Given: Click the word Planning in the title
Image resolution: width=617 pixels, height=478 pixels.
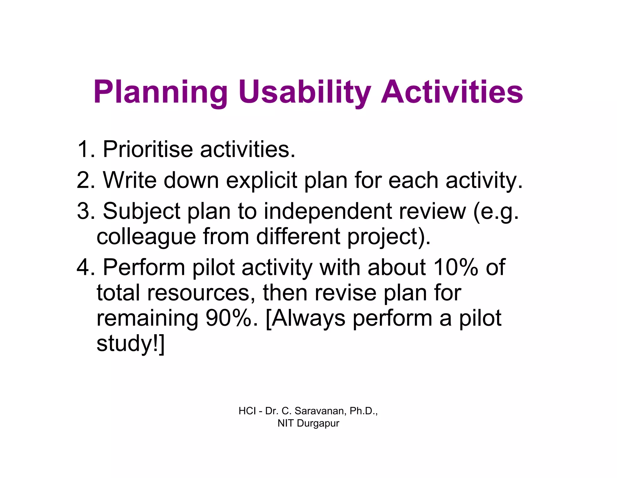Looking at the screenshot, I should pyautogui.click(x=161, y=92).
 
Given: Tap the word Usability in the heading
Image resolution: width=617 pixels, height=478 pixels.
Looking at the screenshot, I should pyautogui.click(x=305, y=92).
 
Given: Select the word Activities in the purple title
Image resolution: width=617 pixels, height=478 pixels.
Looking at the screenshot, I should pyautogui.click(x=452, y=92).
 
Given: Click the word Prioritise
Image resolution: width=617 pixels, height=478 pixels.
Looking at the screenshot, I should pyautogui.click(x=148, y=149).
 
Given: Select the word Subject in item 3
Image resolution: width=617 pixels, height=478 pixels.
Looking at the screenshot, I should pyautogui.click(x=141, y=212).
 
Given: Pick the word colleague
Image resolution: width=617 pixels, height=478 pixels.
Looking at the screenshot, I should pyautogui.click(x=146, y=237).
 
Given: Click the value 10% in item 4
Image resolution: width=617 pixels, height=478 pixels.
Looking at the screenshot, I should pyautogui.click(x=455, y=267).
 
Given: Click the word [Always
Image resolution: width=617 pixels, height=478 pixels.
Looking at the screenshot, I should pyautogui.click(x=305, y=319).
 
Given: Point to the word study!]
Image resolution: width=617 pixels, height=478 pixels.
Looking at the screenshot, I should pyautogui.click(x=130, y=344).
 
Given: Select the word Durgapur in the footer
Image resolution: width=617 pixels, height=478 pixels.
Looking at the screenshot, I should pyautogui.click(x=318, y=423).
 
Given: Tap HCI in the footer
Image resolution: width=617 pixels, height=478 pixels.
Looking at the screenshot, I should pyautogui.click(x=247, y=411).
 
